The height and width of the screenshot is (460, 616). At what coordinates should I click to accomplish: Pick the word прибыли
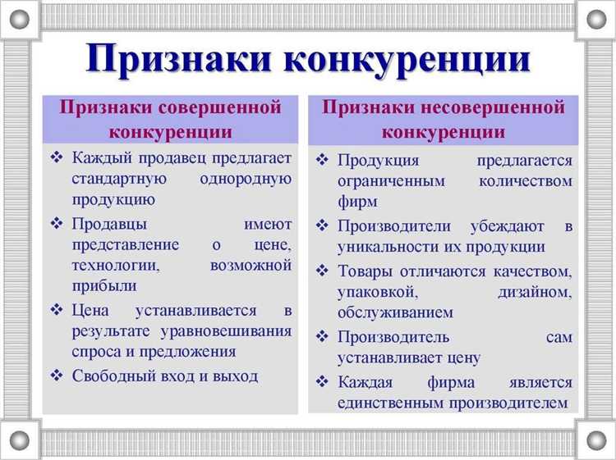[x=104, y=286]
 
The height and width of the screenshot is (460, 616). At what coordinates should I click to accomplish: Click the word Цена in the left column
[x=91, y=310]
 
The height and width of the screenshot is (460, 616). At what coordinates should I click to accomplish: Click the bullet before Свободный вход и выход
[x=57, y=376]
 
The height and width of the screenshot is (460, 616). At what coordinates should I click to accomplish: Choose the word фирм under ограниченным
[x=357, y=201]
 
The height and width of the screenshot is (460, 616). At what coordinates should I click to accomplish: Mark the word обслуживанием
[x=395, y=313]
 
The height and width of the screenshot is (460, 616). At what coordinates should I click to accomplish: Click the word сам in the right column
[x=559, y=337]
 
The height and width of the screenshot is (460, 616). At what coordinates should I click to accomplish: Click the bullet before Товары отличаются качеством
[x=323, y=271]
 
